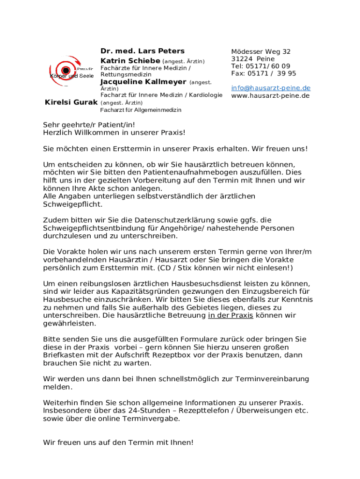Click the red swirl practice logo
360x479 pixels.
click(x=66, y=72)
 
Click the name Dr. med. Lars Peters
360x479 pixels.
click(x=143, y=51)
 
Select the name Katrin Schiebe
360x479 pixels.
click(x=130, y=61)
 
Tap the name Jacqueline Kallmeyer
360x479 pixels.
click(x=144, y=82)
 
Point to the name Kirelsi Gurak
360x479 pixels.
click(x=71, y=102)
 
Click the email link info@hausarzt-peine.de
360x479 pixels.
click(x=271, y=88)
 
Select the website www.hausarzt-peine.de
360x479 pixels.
click(x=270, y=95)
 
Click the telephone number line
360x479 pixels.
click(x=260, y=66)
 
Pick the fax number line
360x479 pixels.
click(x=264, y=73)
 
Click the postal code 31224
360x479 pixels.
click(x=242, y=59)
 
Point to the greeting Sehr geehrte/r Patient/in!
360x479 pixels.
click(x=85, y=125)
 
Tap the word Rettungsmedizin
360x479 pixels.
click(x=126, y=75)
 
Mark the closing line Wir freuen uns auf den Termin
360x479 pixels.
click(x=118, y=442)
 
